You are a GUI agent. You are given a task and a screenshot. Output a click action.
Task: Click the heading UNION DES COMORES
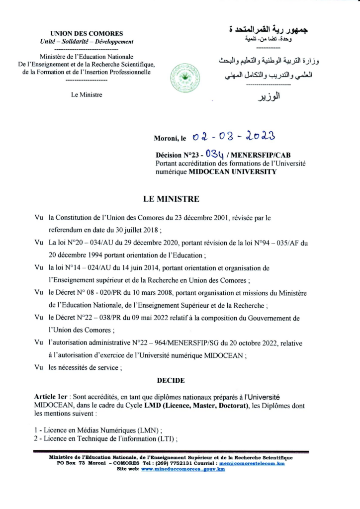click(x=87, y=34)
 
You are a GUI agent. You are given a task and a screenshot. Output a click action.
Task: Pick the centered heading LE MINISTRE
click(x=171, y=199)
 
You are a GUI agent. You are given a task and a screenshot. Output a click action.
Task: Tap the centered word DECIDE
click(x=171, y=380)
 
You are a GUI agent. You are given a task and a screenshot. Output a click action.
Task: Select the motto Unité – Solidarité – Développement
click(x=87, y=41)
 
